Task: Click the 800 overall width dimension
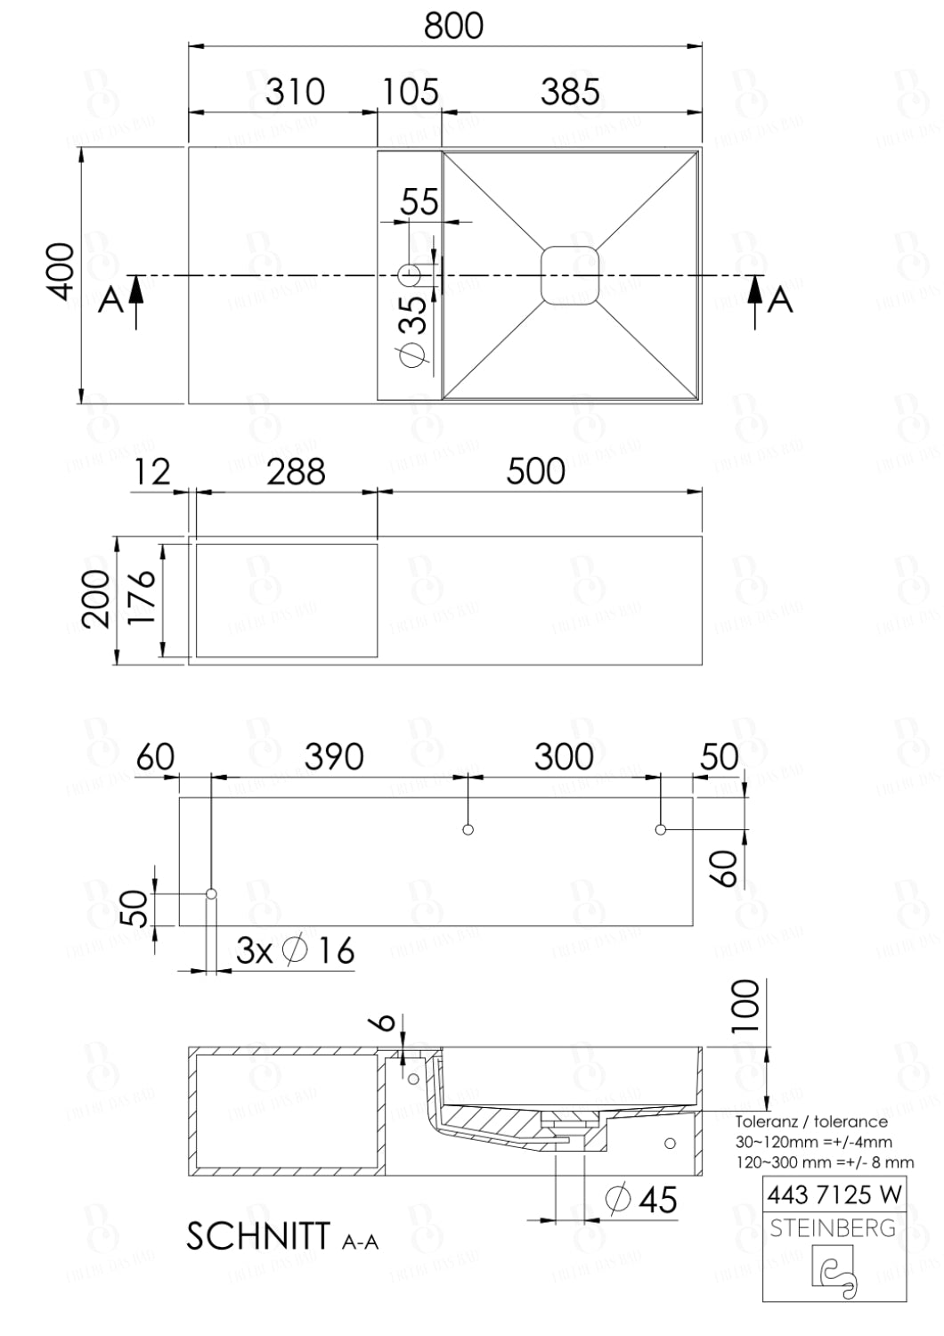tap(453, 26)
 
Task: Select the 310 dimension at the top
tap(295, 92)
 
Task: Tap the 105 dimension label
tap(411, 92)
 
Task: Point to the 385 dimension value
tap(570, 92)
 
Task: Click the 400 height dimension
tap(61, 271)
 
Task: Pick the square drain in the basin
tap(570, 275)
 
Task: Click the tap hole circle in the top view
tap(410, 275)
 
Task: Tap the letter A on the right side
tap(780, 300)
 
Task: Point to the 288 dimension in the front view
tap(296, 472)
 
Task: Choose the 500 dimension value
tap(535, 471)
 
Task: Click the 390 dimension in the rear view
tap(334, 757)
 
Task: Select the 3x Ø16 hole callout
tap(295, 951)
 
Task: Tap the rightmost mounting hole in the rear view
tap(661, 830)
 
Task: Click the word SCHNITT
tap(258, 1236)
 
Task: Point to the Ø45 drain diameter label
tap(640, 1199)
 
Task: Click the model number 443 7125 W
tap(834, 1194)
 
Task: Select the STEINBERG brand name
tap(833, 1228)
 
